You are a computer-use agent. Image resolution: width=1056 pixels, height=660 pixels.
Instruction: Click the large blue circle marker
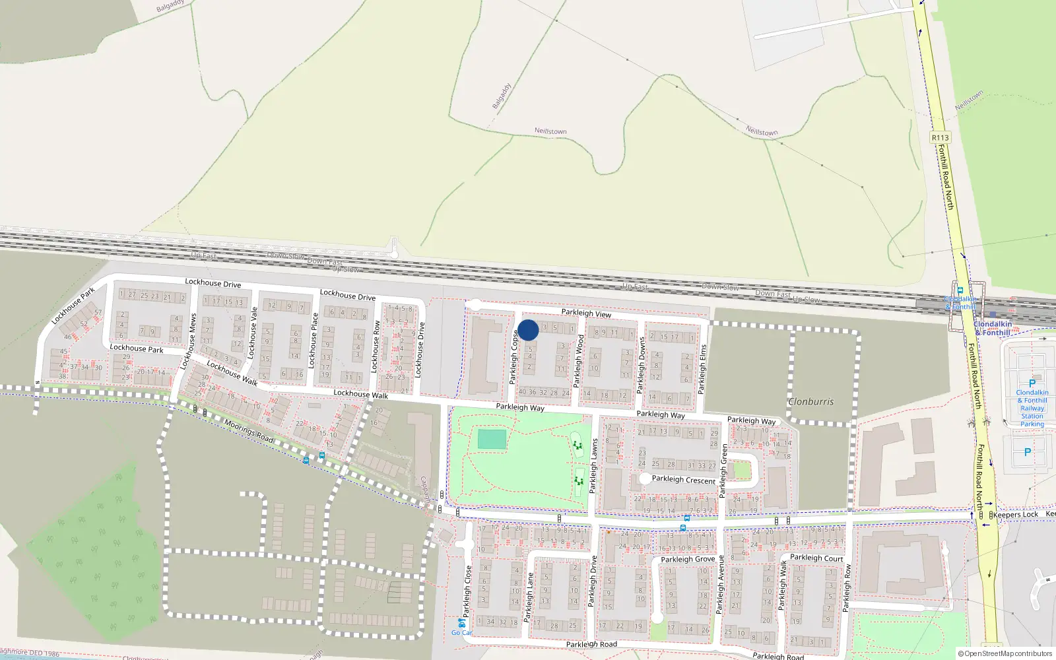tap(528, 330)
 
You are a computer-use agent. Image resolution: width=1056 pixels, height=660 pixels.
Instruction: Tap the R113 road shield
tap(940, 137)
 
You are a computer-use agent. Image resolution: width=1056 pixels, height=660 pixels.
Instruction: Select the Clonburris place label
tap(811, 401)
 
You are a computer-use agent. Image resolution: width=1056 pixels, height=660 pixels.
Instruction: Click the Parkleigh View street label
tap(586, 313)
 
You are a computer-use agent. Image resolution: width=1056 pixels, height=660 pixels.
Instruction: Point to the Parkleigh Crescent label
tap(684, 480)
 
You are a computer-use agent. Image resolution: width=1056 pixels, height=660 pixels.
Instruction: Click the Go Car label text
tap(461, 632)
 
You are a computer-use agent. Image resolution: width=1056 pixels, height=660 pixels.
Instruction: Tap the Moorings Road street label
tap(249, 431)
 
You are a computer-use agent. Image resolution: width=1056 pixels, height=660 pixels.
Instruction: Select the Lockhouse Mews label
tap(188, 341)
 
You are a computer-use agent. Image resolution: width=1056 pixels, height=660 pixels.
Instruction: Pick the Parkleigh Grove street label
tap(688, 559)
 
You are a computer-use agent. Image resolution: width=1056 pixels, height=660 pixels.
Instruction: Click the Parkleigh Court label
tap(816, 558)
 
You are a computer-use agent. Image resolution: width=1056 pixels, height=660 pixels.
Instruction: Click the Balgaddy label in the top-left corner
tap(170, 7)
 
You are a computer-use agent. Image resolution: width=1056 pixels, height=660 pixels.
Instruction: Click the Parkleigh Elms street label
tap(703, 369)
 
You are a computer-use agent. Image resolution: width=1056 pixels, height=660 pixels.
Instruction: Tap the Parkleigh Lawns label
tap(593, 466)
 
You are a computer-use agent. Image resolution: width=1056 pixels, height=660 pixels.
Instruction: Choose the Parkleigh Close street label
tap(468, 591)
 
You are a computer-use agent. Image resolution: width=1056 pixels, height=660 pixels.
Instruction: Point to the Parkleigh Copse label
tap(513, 357)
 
